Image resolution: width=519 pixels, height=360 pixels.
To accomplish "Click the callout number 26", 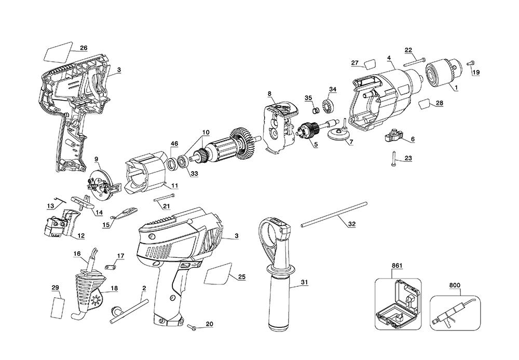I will point(83,48).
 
